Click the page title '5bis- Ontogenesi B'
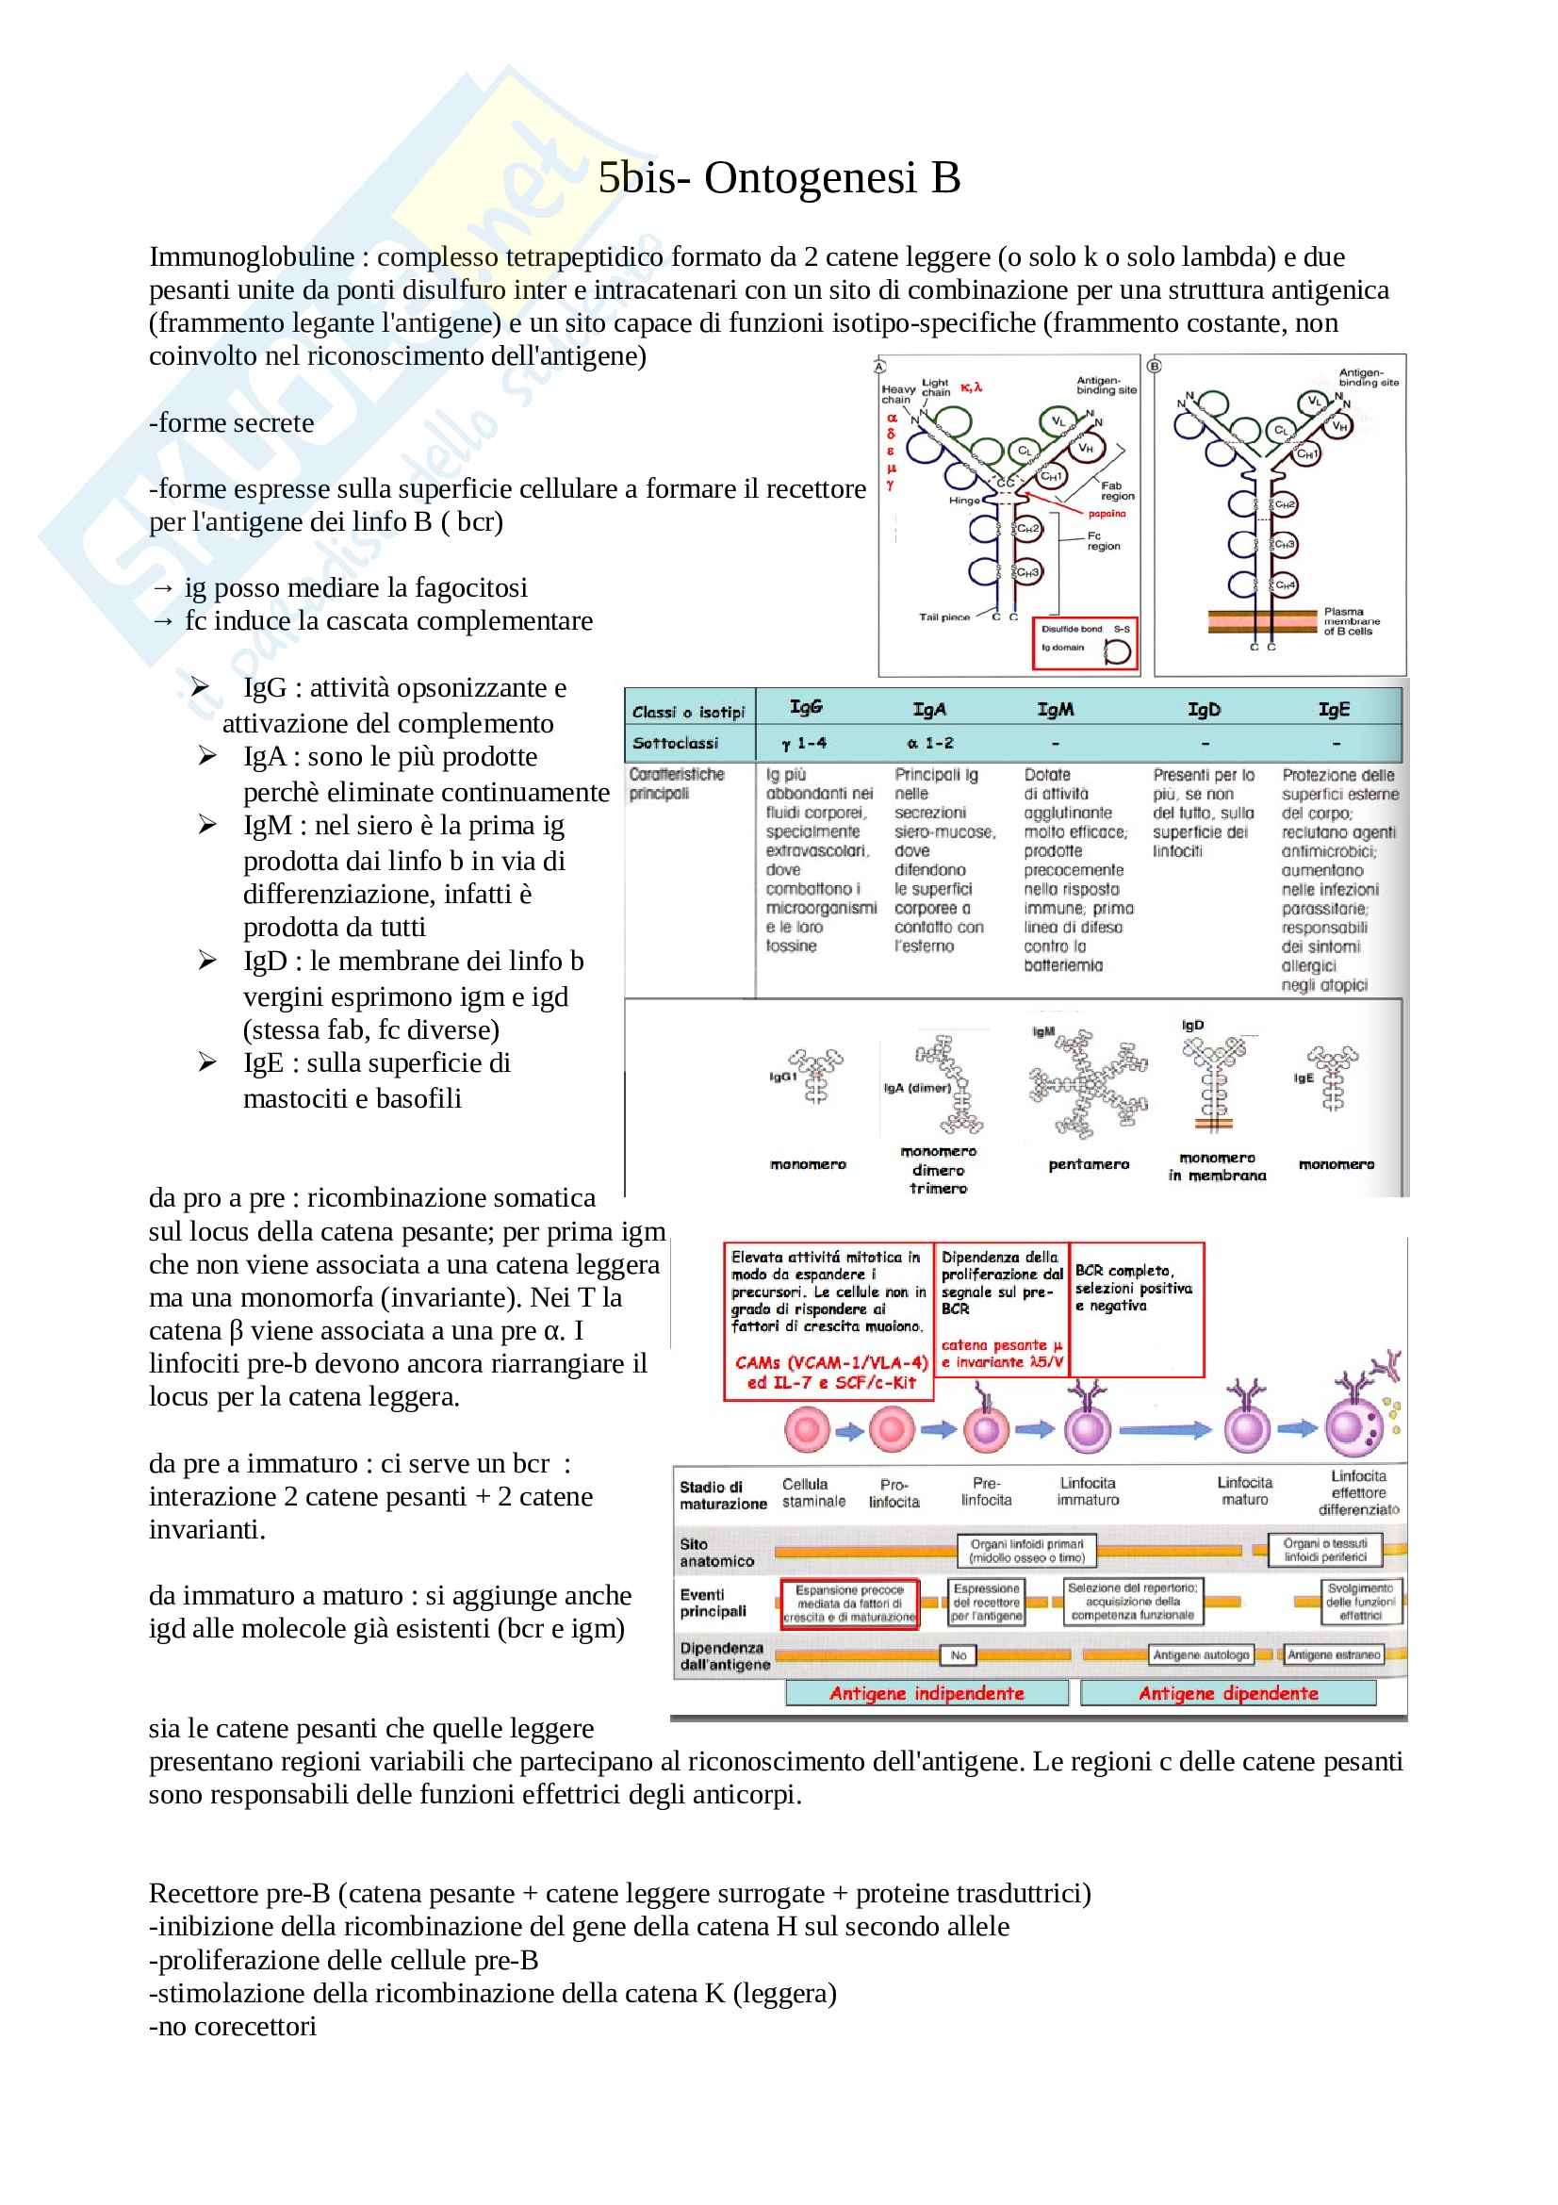779,178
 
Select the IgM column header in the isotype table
1055,710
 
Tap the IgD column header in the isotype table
1204,710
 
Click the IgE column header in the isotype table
1334,710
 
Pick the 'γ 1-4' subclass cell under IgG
803,743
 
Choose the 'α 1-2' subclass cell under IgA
929,743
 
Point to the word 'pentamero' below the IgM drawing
1089,1165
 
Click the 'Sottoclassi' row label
675,743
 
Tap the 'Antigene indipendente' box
927,1693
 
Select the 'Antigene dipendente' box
1228,1693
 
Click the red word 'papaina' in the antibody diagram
1107,514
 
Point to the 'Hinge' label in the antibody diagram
964,501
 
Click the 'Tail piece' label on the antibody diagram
943,617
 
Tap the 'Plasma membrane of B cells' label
1352,621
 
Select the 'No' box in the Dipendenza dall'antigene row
958,1654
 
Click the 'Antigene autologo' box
1201,1654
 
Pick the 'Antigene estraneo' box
1334,1654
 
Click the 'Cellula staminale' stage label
813,1492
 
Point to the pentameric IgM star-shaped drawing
1088,1085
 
